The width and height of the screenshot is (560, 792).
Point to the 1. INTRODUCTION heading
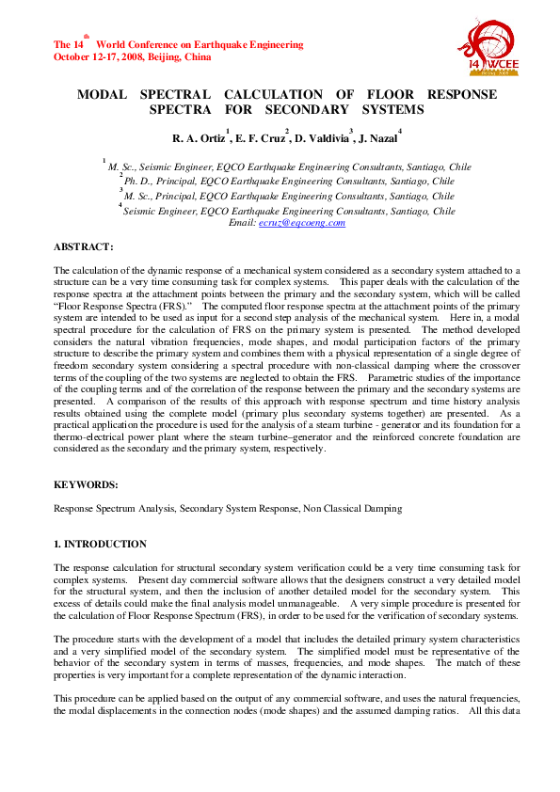click(100, 544)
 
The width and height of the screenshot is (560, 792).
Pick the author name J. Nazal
click(376, 139)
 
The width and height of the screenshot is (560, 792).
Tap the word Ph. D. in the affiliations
click(138, 182)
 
